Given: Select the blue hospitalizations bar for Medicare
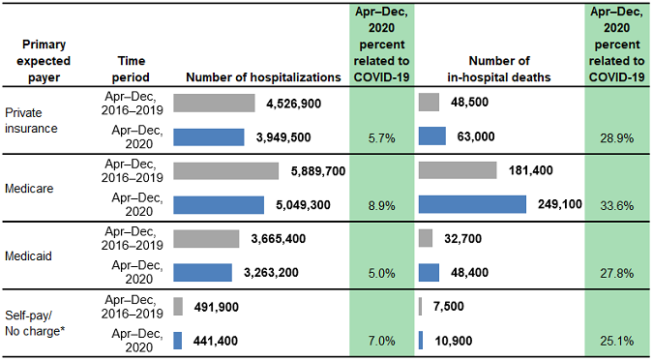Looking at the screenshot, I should point(218,205).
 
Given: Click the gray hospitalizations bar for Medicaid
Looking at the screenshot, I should point(206,238).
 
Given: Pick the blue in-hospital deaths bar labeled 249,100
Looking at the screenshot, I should point(472,205).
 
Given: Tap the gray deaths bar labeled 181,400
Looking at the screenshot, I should point(458,171).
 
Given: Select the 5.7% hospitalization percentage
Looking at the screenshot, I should point(381,138).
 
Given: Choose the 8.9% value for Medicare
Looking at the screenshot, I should point(381,205).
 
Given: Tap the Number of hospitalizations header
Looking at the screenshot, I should point(262,76).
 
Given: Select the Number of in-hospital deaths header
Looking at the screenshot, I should point(497,68).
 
